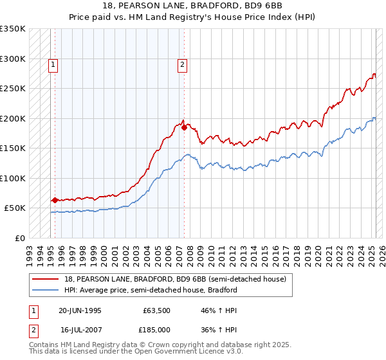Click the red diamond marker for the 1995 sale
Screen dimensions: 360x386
pos(55,200)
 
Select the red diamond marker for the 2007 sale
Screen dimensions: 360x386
pos(184,127)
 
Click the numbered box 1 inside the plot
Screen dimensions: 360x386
pos(52,64)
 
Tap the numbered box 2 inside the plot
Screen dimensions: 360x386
pos(183,64)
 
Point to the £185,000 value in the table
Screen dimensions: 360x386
pos(156,329)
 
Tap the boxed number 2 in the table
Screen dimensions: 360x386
pos(33,329)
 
